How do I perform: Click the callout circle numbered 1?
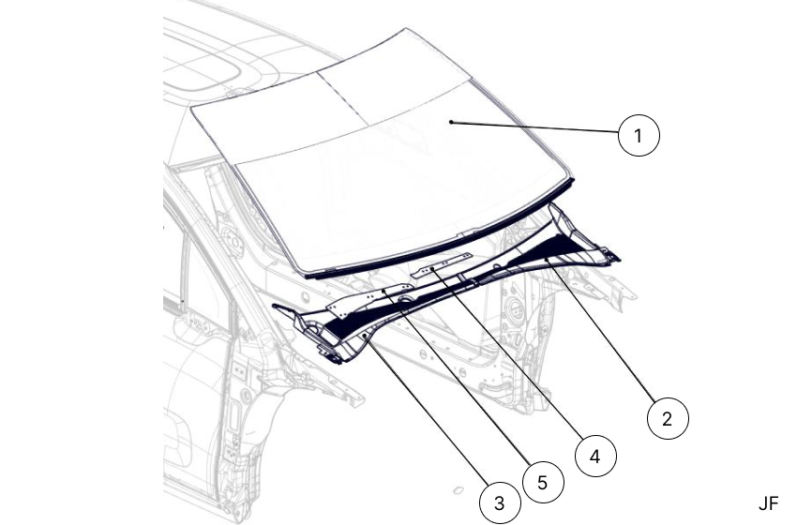[639, 136]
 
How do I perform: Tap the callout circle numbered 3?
[500, 502]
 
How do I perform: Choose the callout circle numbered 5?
[542, 482]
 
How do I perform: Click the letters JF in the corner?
[768, 503]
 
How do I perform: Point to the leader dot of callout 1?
[451, 122]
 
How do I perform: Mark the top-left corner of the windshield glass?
[191, 108]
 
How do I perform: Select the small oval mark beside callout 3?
[455, 489]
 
